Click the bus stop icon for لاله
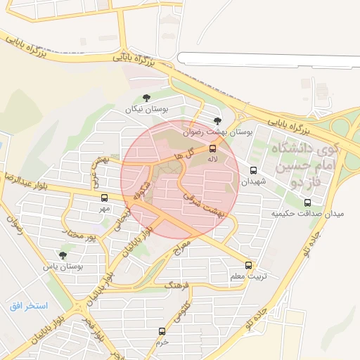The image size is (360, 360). [213, 149]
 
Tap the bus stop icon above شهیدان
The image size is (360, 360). [254, 169]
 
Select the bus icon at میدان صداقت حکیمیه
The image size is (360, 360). [307, 202]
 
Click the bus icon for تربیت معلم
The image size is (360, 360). [248, 265]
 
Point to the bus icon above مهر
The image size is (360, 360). [105, 198]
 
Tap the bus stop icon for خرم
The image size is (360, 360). [162, 331]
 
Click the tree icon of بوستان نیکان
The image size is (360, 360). [146, 98]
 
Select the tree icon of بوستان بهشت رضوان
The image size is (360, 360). [217, 121]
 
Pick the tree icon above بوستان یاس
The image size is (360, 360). [64, 256]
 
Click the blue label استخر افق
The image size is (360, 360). [28, 307]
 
